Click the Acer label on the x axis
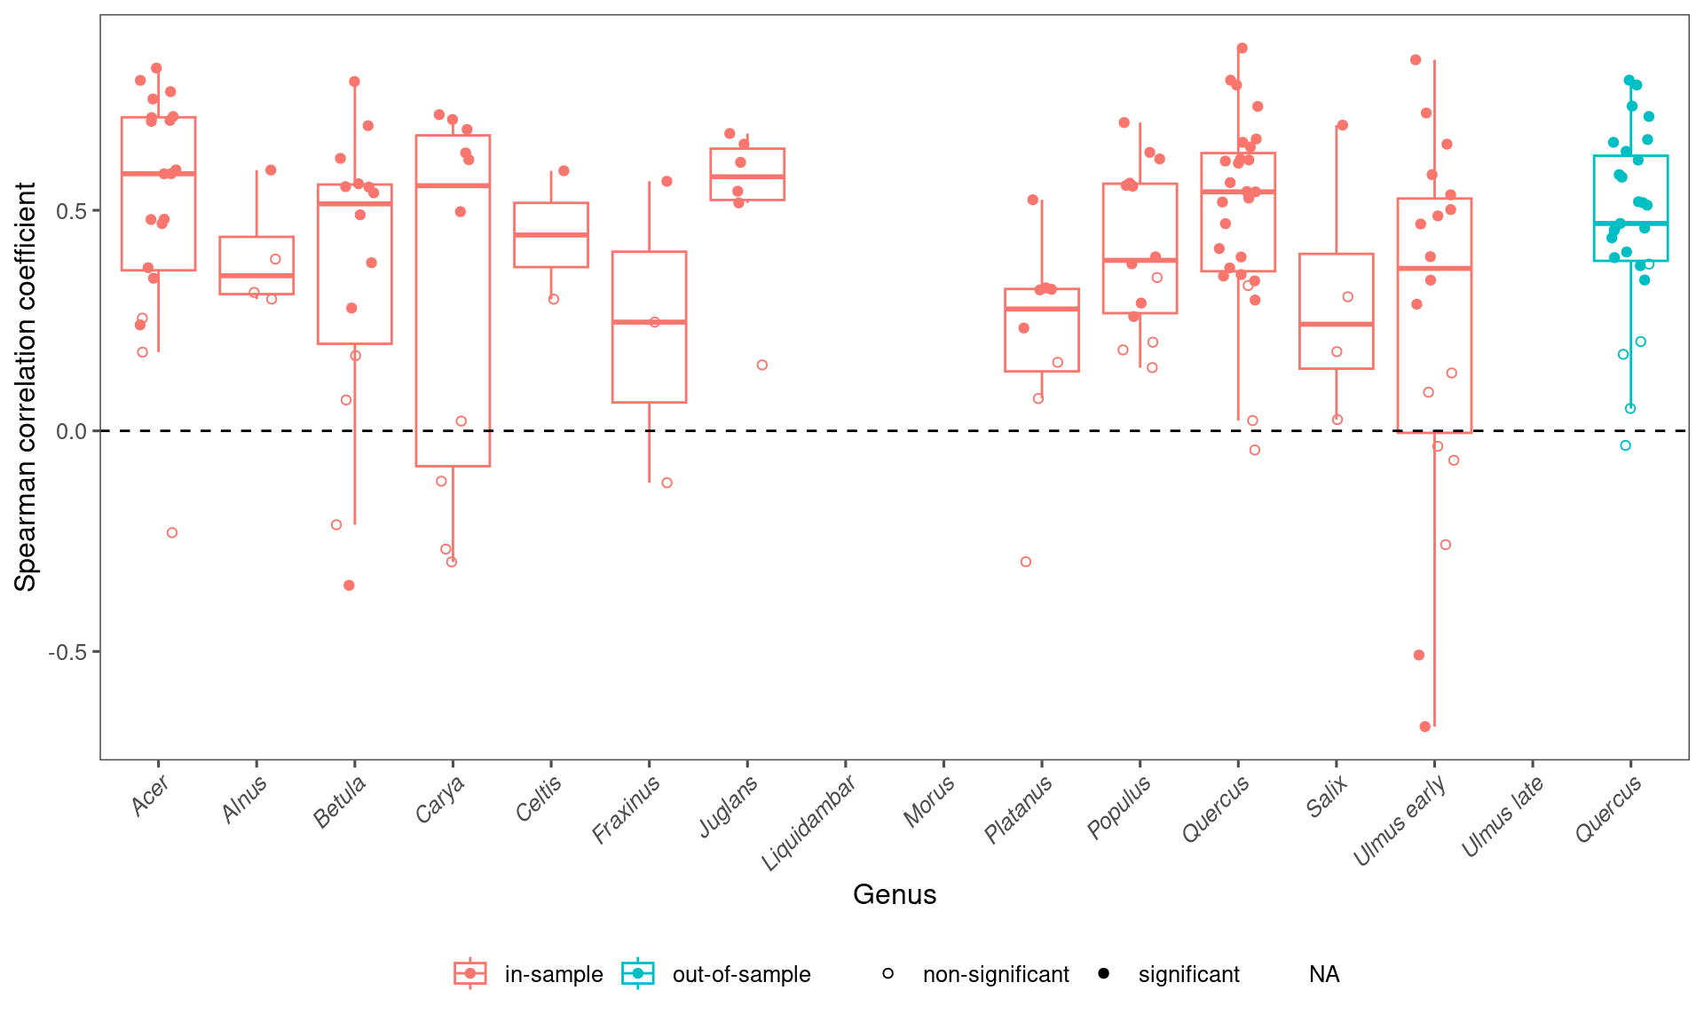(149, 796)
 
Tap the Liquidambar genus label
(809, 822)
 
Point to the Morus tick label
(928, 801)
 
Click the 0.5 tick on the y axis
(72, 211)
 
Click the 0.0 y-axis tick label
(72, 431)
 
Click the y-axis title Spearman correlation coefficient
(26, 387)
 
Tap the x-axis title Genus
(895, 894)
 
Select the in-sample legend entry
(553, 974)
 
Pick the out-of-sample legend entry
(741, 974)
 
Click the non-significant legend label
(996, 974)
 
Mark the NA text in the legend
(1323, 974)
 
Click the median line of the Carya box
(453, 185)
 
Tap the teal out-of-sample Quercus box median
(1630, 223)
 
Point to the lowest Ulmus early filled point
(1425, 727)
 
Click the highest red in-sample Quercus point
(1242, 48)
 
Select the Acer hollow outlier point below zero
(172, 532)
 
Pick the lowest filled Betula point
(350, 586)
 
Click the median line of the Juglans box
(747, 177)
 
